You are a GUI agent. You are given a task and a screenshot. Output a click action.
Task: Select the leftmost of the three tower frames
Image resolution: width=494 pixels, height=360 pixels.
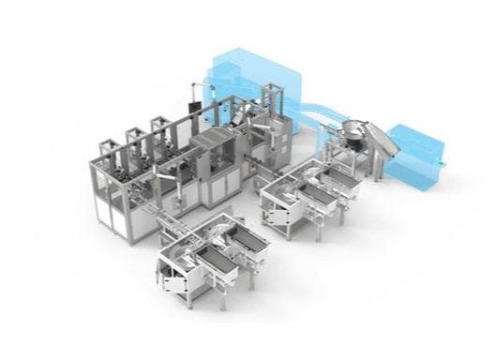click(x=110, y=150)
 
